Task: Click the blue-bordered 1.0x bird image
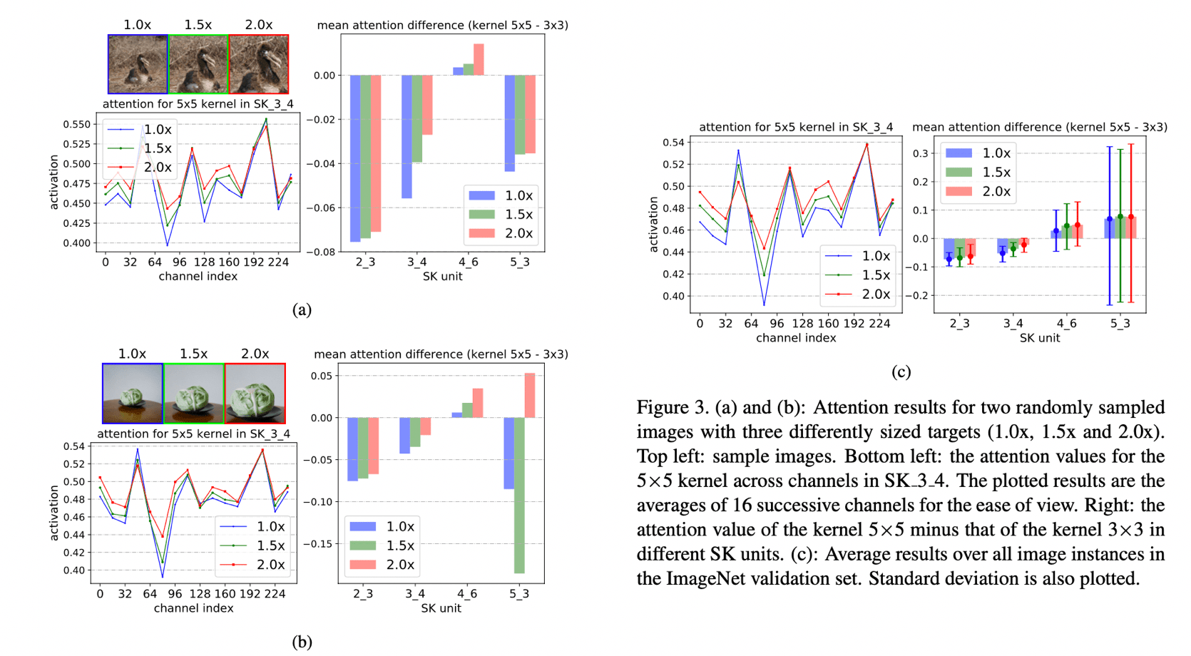click(138, 64)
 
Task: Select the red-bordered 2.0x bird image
click(258, 64)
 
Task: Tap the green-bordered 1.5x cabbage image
click(194, 394)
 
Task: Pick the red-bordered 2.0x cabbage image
click(255, 394)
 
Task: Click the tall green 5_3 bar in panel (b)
click(519, 495)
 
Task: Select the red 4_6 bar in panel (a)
click(479, 60)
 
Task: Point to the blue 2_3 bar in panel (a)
click(355, 158)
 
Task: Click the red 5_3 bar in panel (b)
click(530, 396)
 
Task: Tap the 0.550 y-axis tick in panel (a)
click(76, 124)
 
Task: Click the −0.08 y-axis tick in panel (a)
click(320, 252)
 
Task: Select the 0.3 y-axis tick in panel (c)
click(921, 153)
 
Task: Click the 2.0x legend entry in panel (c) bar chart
click(977, 191)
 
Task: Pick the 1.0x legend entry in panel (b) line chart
click(252, 526)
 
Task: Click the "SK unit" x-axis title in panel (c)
click(1039, 338)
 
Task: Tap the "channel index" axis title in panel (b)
click(193, 608)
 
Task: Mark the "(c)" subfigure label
click(901, 371)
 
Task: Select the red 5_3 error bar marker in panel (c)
click(1131, 217)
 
